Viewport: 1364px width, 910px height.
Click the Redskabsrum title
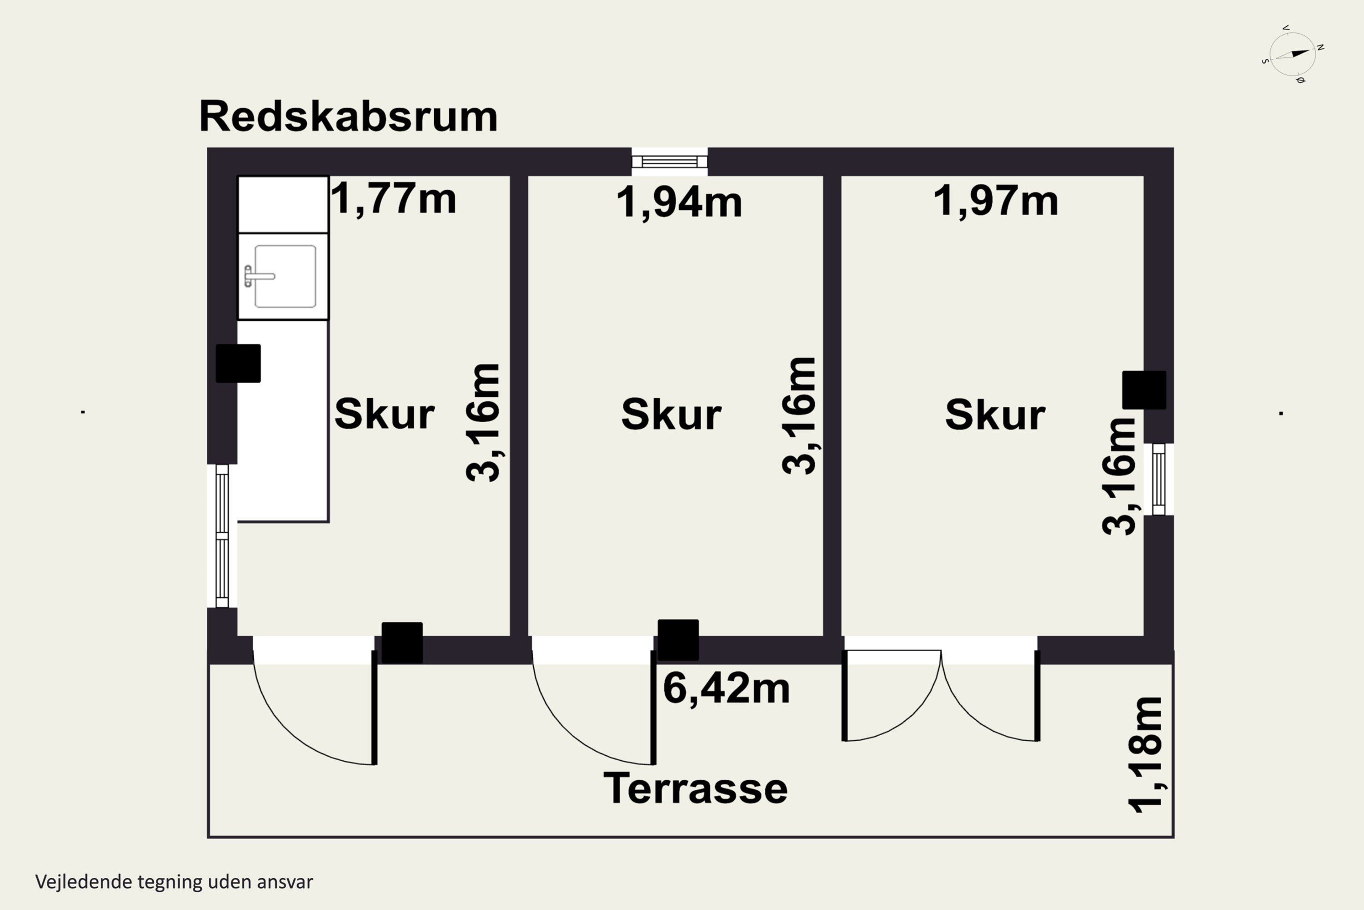coord(348,116)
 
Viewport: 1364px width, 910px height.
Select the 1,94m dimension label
coord(678,202)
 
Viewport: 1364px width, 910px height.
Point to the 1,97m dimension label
coord(995,201)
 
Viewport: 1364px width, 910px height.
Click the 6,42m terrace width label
coord(726,689)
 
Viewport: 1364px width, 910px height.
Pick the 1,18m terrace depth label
coord(1145,754)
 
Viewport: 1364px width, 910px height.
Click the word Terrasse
coord(695,789)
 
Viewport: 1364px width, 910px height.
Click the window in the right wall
coord(1158,480)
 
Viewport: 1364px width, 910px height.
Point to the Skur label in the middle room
coord(671,415)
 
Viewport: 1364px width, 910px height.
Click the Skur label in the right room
coord(995,415)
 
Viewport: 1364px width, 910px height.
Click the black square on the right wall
coord(1143,390)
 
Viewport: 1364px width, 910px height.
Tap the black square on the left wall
coord(238,363)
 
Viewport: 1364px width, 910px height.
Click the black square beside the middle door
coord(678,640)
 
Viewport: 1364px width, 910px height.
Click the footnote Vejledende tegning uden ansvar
coord(174,882)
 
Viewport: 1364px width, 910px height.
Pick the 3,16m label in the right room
coord(1119,476)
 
